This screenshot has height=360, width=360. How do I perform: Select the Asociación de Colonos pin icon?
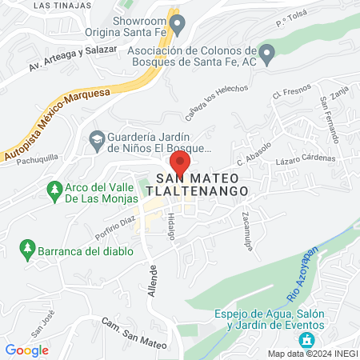pyautogui.click(x=269, y=54)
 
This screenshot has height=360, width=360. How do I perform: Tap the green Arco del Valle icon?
pyautogui.click(x=54, y=191)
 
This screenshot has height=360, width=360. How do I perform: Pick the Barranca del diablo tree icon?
pyautogui.click(x=28, y=250)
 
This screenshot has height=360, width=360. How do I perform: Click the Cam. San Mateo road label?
pyautogui.click(x=135, y=333)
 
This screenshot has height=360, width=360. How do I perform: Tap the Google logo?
pyautogui.click(x=27, y=350)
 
